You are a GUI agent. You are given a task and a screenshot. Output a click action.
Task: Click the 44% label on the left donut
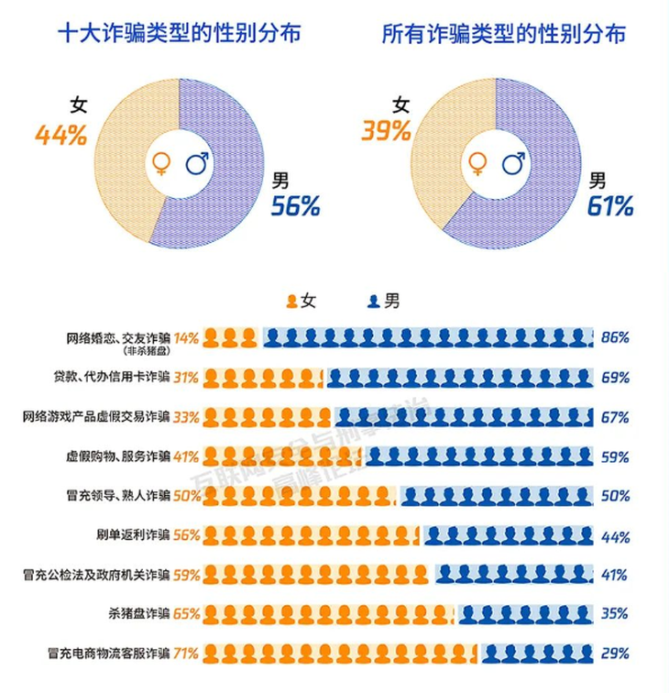pyautogui.click(x=60, y=136)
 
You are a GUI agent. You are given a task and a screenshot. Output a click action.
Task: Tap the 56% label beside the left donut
pyautogui.click(x=294, y=206)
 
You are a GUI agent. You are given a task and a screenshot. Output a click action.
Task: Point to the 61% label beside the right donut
pyautogui.click(x=610, y=206)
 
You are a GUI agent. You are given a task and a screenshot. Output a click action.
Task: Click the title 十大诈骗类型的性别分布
pyautogui.click(x=179, y=35)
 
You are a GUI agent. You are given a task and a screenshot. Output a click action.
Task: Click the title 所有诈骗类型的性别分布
pyautogui.click(x=504, y=35)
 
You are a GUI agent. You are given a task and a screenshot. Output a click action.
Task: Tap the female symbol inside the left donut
pyautogui.click(x=160, y=164)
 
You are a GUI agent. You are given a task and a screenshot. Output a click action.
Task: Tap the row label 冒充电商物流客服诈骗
pyautogui.click(x=108, y=654)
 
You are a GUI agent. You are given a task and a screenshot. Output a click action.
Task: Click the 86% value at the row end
pyautogui.click(x=614, y=337)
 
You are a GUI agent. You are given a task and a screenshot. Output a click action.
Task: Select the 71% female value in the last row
pyautogui.click(x=186, y=654)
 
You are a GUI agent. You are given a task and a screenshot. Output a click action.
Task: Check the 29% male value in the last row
pyautogui.click(x=614, y=654)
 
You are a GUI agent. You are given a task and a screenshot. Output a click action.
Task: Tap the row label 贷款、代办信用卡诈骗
pyautogui.click(x=112, y=377)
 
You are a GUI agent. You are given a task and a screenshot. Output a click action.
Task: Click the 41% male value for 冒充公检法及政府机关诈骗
pyautogui.click(x=614, y=575)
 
